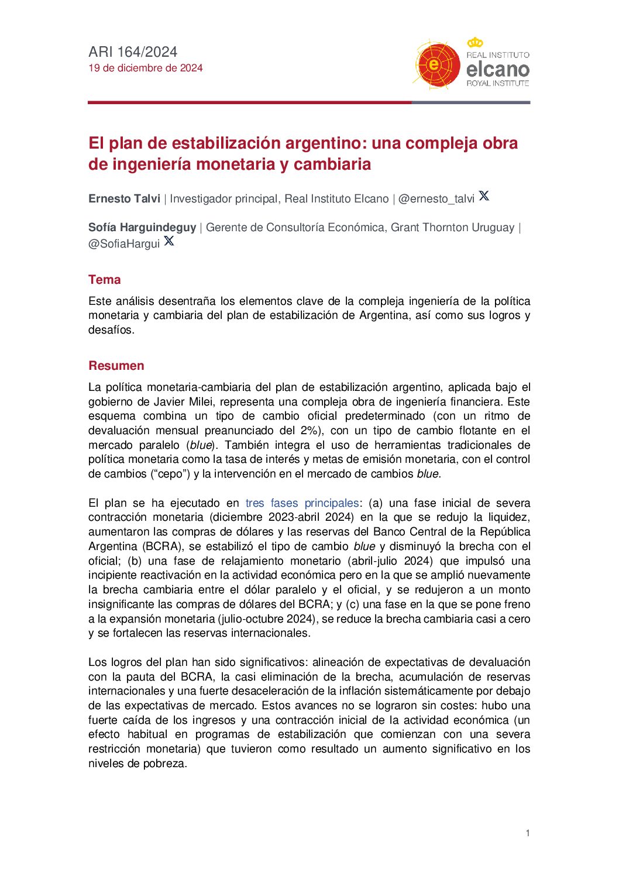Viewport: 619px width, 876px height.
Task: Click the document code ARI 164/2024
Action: pos(133,52)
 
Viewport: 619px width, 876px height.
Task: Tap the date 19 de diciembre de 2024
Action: pos(146,68)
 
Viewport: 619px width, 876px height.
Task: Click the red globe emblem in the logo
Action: pos(436,64)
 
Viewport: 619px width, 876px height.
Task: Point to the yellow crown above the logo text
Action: pos(475,43)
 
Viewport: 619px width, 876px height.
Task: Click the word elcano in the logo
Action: pos(497,70)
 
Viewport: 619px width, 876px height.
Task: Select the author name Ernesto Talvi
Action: pos(124,199)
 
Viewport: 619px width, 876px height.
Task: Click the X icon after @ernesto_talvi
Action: pos(484,196)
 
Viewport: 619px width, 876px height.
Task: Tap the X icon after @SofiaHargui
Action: pos(169,241)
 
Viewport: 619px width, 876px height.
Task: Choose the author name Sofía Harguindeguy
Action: pos(142,228)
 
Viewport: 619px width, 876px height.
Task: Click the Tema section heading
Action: pos(105,280)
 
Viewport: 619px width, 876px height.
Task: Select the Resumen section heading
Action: pos(116,366)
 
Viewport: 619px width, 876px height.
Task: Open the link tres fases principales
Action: pos(302,503)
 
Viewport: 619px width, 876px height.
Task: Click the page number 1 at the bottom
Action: pos(528,833)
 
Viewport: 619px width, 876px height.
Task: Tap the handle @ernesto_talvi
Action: pos(436,199)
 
